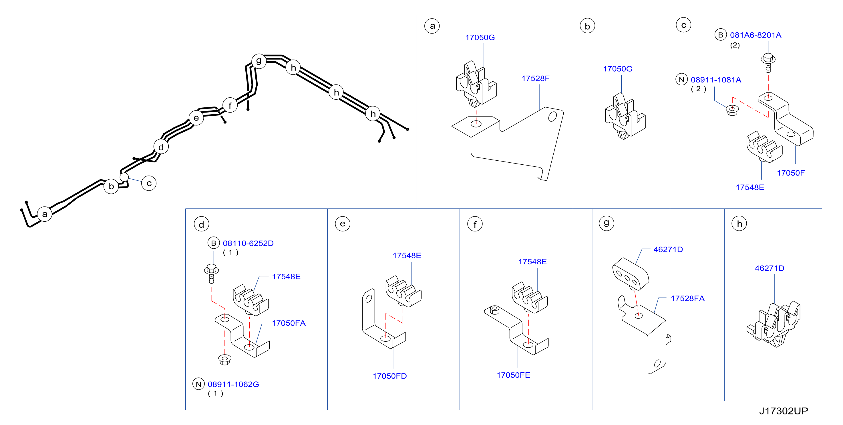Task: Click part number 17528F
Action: click(x=535, y=78)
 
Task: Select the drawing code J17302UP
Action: click(x=784, y=411)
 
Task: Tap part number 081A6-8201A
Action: click(x=755, y=35)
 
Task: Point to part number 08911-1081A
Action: click(x=716, y=80)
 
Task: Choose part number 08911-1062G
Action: click(x=233, y=384)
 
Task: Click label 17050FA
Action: click(x=289, y=323)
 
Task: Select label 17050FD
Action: click(x=390, y=376)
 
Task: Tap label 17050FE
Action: click(x=514, y=375)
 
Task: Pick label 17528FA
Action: click(x=687, y=298)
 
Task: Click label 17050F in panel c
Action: click(x=791, y=173)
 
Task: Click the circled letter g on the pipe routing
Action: click(x=259, y=61)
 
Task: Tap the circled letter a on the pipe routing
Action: click(x=45, y=214)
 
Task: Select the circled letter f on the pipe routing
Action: click(x=230, y=105)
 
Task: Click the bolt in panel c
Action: click(x=768, y=63)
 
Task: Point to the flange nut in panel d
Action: click(x=225, y=359)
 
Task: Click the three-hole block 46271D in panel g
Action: click(x=630, y=274)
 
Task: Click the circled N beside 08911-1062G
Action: click(x=199, y=384)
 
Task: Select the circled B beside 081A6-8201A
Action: click(x=720, y=35)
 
